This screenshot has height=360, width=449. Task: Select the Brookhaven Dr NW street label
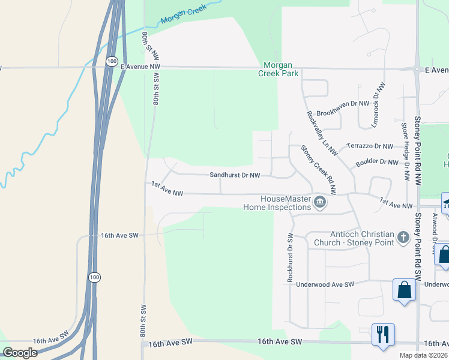coord(342,104)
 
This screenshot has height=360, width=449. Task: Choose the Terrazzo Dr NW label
coord(370,146)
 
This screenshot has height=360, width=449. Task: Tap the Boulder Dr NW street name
coord(376,162)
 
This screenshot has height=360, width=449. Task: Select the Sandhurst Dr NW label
coord(235,175)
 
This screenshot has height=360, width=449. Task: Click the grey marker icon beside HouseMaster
coord(320,203)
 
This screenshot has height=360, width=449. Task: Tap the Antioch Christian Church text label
coord(354,238)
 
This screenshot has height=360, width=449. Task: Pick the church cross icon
coord(403,238)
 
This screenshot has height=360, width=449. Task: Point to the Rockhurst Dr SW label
coord(290,257)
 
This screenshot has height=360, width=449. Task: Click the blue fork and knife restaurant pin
coord(382,334)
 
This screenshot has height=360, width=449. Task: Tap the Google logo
coord(20,353)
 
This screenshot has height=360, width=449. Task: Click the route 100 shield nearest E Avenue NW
coord(111,61)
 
